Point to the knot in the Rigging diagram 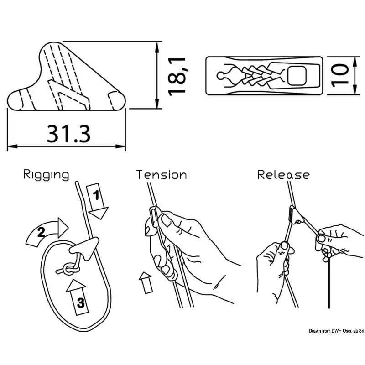68,270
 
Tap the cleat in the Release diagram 296,216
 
